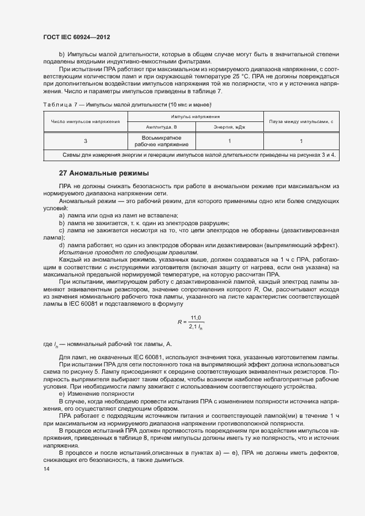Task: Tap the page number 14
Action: coord(46,469)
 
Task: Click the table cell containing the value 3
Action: coord(86,141)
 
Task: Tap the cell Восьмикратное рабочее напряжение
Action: coord(162,141)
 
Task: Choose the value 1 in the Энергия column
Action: coord(229,141)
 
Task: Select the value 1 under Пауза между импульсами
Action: coord(301,141)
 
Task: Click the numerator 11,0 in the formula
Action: coord(196,317)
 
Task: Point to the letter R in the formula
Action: coord(179,321)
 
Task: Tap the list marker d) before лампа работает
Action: coord(61,244)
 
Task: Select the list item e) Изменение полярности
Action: coord(97,393)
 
